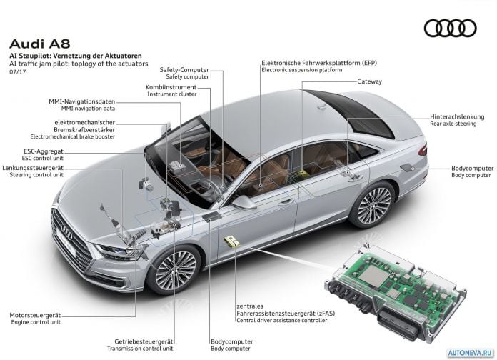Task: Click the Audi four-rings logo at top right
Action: pyautogui.click(x=450, y=29)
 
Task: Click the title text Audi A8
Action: pyautogui.click(x=39, y=44)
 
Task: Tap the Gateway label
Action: pyautogui.click(x=369, y=81)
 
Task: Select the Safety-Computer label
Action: pyautogui.click(x=184, y=70)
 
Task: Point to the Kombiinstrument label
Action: pyautogui.click(x=171, y=87)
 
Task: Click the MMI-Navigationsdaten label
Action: pyautogui.click(x=82, y=102)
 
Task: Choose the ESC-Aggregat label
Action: pyautogui.click(x=44, y=151)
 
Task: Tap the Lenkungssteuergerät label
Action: pyautogui.click(x=33, y=168)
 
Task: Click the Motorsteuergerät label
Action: pyautogui.click(x=35, y=315)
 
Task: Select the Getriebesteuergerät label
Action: pyautogui.click(x=144, y=341)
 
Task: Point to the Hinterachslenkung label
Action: pyautogui.click(x=457, y=116)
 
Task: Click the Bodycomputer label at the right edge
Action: pyautogui.click(x=472, y=168)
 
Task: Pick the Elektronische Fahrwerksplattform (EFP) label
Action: pyautogui.click(x=319, y=63)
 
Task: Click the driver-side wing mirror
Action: pyautogui.click(x=244, y=202)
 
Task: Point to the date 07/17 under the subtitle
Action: pyautogui.click(x=18, y=72)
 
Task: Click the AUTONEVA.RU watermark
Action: pyautogui.click(x=471, y=353)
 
